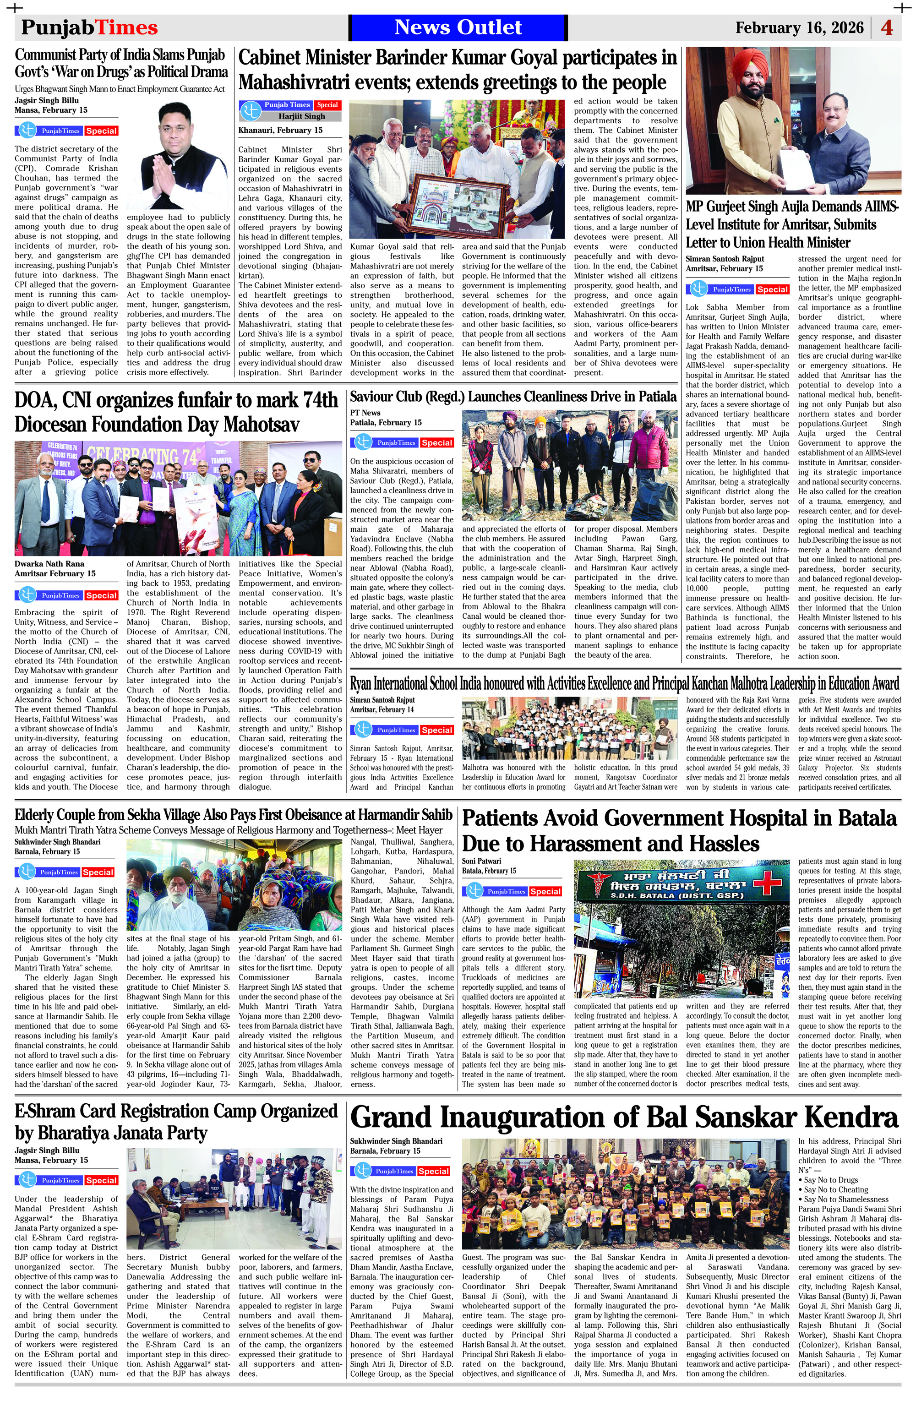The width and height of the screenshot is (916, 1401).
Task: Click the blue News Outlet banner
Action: tap(458, 27)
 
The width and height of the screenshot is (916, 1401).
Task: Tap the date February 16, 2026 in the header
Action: tap(799, 27)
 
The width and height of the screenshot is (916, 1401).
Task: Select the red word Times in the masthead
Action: tap(126, 27)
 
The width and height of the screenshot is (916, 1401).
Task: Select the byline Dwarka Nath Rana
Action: tap(49, 563)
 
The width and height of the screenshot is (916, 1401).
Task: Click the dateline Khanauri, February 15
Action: tap(280, 130)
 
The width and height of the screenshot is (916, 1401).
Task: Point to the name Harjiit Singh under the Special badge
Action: tap(302, 116)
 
